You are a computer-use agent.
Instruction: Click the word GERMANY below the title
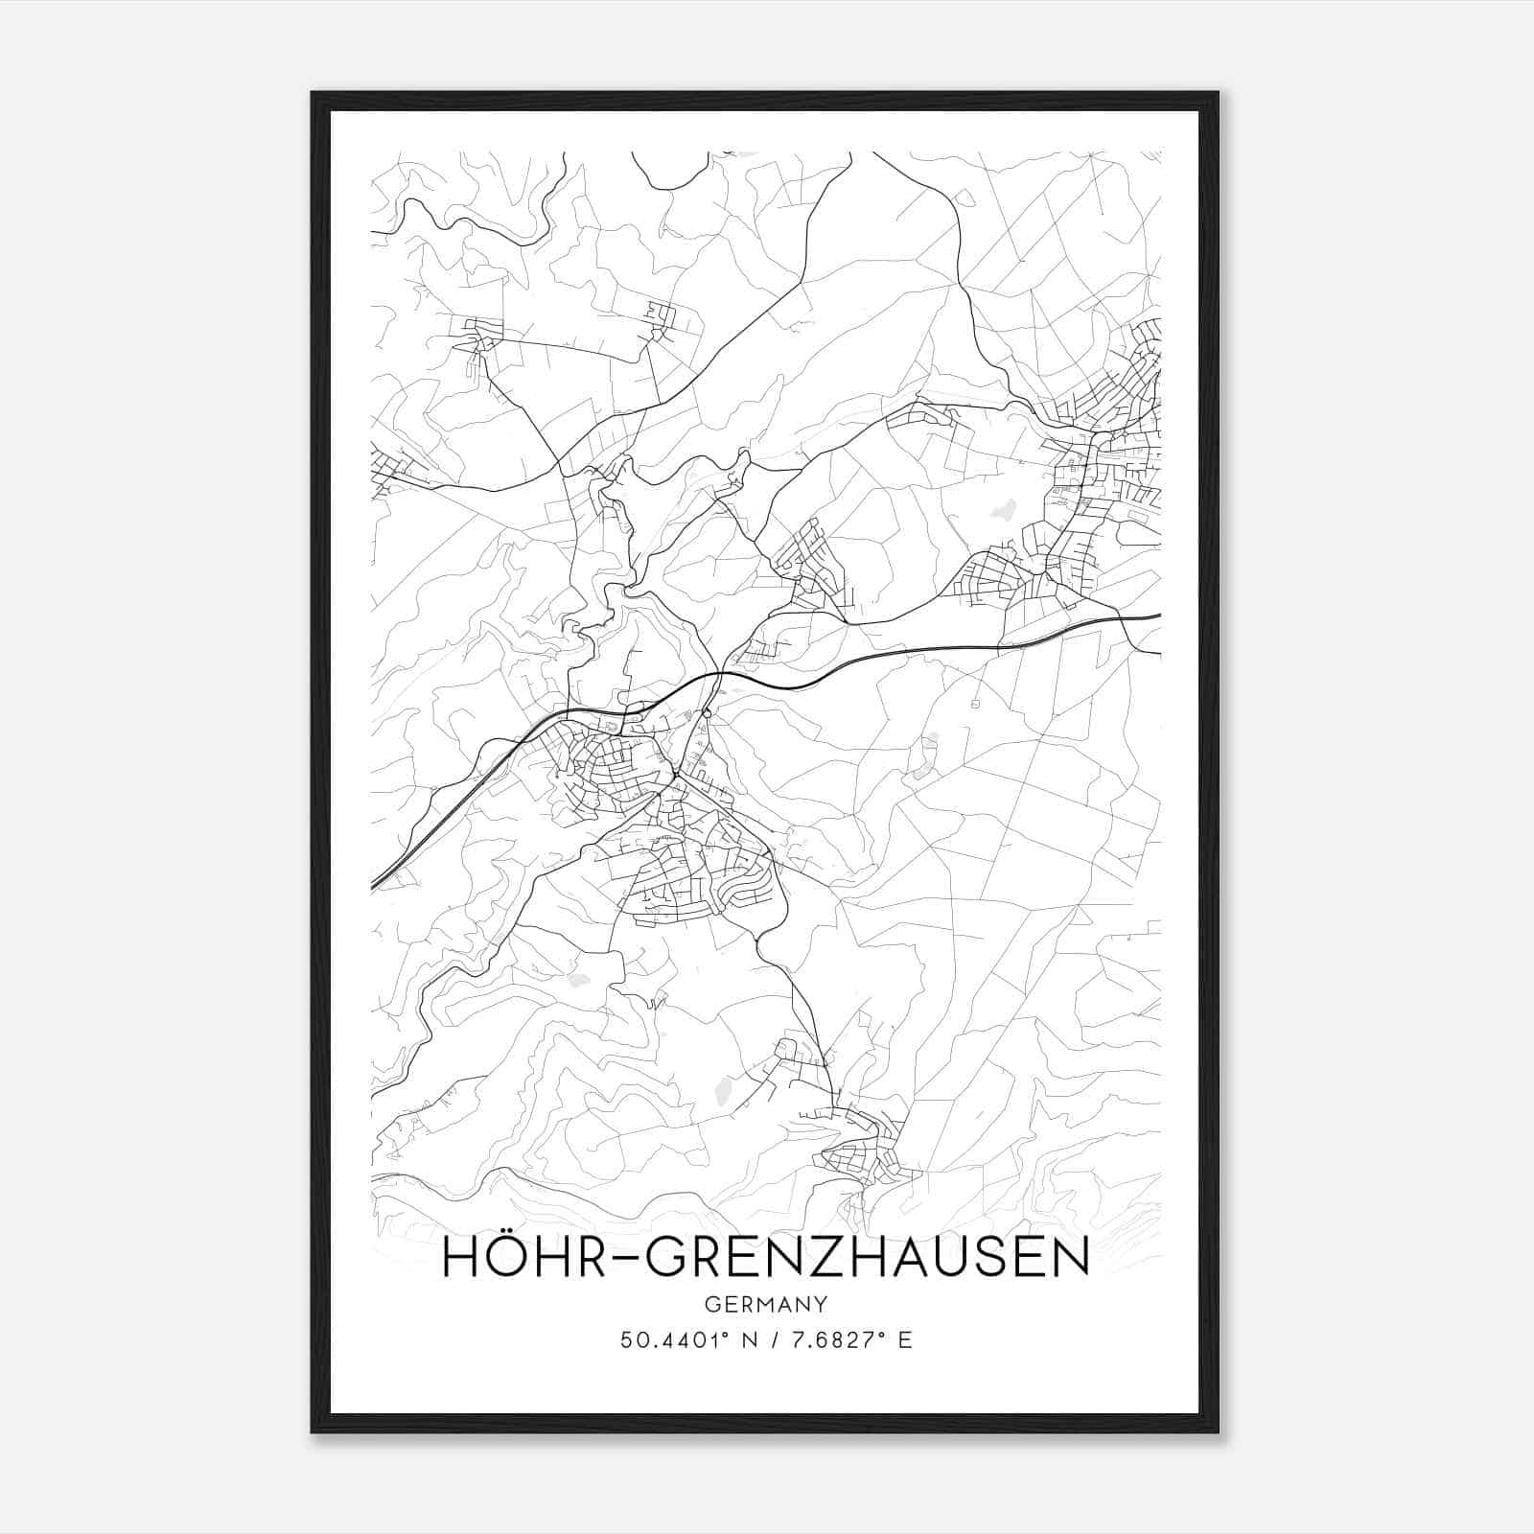(766, 1305)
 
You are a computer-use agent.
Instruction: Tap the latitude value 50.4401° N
(675, 1340)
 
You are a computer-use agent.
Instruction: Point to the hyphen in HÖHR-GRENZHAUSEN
(624, 1260)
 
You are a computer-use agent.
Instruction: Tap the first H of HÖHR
(461, 1258)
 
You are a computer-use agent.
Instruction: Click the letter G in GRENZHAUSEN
(666, 1258)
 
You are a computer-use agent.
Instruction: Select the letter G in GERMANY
(710, 1305)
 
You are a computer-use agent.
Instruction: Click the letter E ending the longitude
(906, 1340)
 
